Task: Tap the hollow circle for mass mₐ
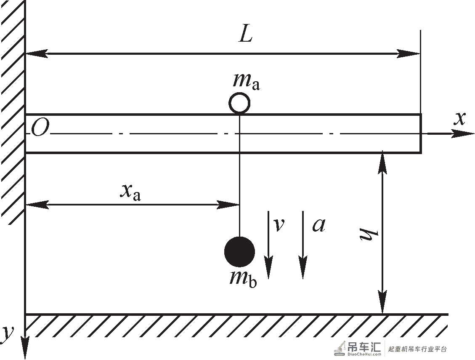(x=239, y=103)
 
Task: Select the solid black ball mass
(x=239, y=252)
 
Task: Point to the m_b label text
(x=243, y=278)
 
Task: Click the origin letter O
(x=40, y=128)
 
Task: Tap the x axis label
(x=459, y=119)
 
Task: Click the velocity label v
(x=279, y=225)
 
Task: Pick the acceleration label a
(x=318, y=225)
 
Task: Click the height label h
(x=369, y=234)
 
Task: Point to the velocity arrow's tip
(x=268, y=278)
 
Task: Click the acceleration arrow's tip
(x=303, y=278)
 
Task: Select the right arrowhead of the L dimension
(x=420, y=53)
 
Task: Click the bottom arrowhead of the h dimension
(x=382, y=313)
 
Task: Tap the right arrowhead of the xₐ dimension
(x=239, y=205)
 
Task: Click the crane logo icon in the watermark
(x=340, y=348)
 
